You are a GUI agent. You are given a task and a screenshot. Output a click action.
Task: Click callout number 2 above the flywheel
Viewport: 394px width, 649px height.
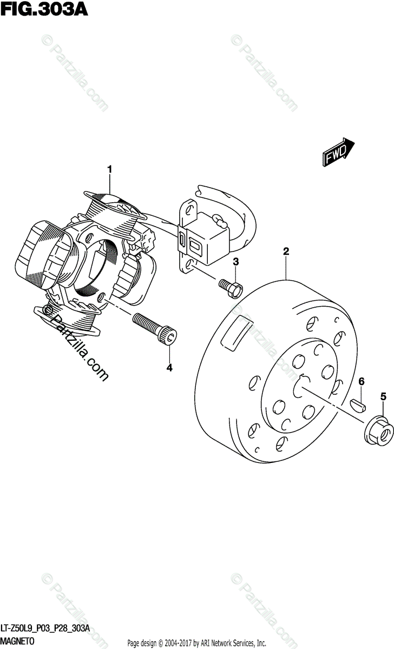pos(286,251)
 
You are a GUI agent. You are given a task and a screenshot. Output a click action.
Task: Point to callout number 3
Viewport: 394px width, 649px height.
pos(235,262)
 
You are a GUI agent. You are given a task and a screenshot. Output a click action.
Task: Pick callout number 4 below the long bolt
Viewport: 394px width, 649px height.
pos(169,368)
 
